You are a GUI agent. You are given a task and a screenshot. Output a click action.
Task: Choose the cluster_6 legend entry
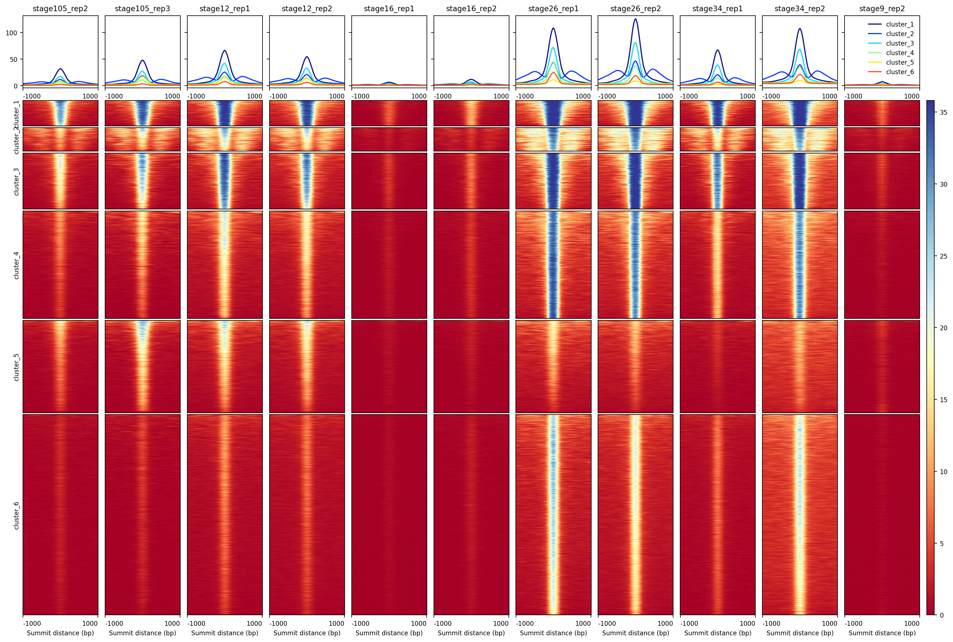click(x=899, y=72)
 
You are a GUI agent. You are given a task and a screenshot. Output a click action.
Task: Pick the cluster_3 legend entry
click(x=899, y=43)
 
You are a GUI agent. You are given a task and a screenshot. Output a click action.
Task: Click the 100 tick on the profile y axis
click(x=11, y=33)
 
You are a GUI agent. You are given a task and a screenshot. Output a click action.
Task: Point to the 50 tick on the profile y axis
click(x=13, y=59)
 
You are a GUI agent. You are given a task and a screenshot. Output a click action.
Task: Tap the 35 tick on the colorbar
click(x=943, y=113)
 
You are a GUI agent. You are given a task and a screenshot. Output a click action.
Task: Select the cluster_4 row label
click(x=16, y=265)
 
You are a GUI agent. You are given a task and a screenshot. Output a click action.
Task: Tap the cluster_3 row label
click(x=16, y=181)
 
